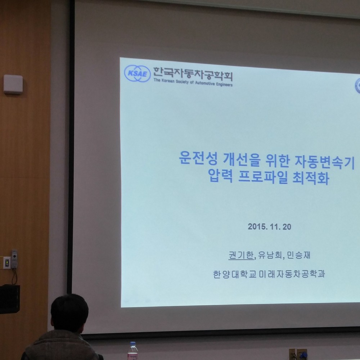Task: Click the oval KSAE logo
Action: coord(137,73)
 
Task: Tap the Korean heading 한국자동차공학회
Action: coord(193,74)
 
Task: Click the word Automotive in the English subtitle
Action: coord(205,83)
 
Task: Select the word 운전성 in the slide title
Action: coord(198,158)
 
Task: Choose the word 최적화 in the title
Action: coord(311,177)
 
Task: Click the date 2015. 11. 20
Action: coord(269,226)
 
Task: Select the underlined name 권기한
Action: coord(241,255)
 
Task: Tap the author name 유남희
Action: coord(270,255)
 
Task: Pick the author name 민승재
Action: coord(298,255)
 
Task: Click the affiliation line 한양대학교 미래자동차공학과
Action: coord(269,274)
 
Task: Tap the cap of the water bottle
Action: coord(133,344)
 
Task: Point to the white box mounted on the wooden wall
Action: coord(13,84)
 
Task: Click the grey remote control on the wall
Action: coord(14,259)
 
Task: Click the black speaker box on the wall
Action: coord(10,299)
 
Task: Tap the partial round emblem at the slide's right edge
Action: coord(358,86)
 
